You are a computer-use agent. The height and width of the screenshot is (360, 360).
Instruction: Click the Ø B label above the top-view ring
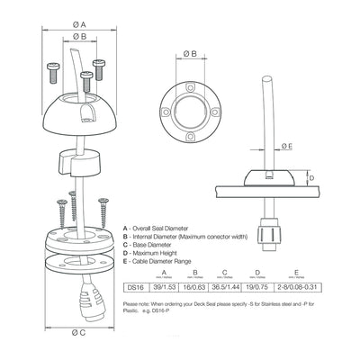click(192, 54)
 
